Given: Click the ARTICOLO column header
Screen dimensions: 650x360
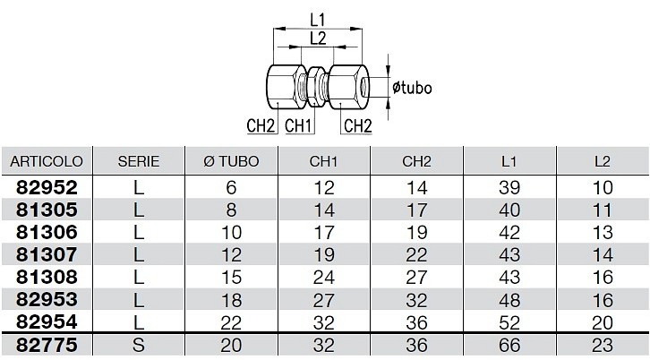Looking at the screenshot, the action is pyautogui.click(x=47, y=161).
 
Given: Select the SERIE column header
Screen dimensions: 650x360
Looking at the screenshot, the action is pyautogui.click(x=139, y=161).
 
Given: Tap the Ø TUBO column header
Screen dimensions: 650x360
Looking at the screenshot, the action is pyautogui.click(x=231, y=161).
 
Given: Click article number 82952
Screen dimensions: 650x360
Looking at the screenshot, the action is pyautogui.click(x=47, y=187).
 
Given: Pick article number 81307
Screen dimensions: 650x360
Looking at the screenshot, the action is pyautogui.click(x=47, y=254).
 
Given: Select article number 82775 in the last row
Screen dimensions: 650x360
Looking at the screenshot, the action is pyautogui.click(x=47, y=345).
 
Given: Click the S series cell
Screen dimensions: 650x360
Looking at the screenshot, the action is pyautogui.click(x=139, y=345).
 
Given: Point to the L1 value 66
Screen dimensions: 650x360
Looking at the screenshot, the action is pyautogui.click(x=509, y=345).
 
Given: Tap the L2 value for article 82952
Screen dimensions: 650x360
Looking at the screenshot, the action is pyautogui.click(x=603, y=187).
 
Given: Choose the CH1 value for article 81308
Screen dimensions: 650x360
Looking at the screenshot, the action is pyautogui.click(x=324, y=277).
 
